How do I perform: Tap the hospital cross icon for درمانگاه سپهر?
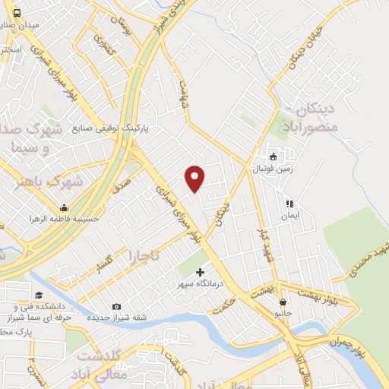pyautogui.click(x=201, y=272)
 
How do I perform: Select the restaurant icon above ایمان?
pyautogui.click(x=289, y=204)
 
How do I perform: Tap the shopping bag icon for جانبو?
pyautogui.click(x=283, y=302)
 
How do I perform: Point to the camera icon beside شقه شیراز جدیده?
pyautogui.click(x=115, y=306)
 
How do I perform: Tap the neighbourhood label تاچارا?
pyautogui.click(x=144, y=255)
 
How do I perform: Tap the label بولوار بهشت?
pyautogui.click(x=319, y=293)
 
